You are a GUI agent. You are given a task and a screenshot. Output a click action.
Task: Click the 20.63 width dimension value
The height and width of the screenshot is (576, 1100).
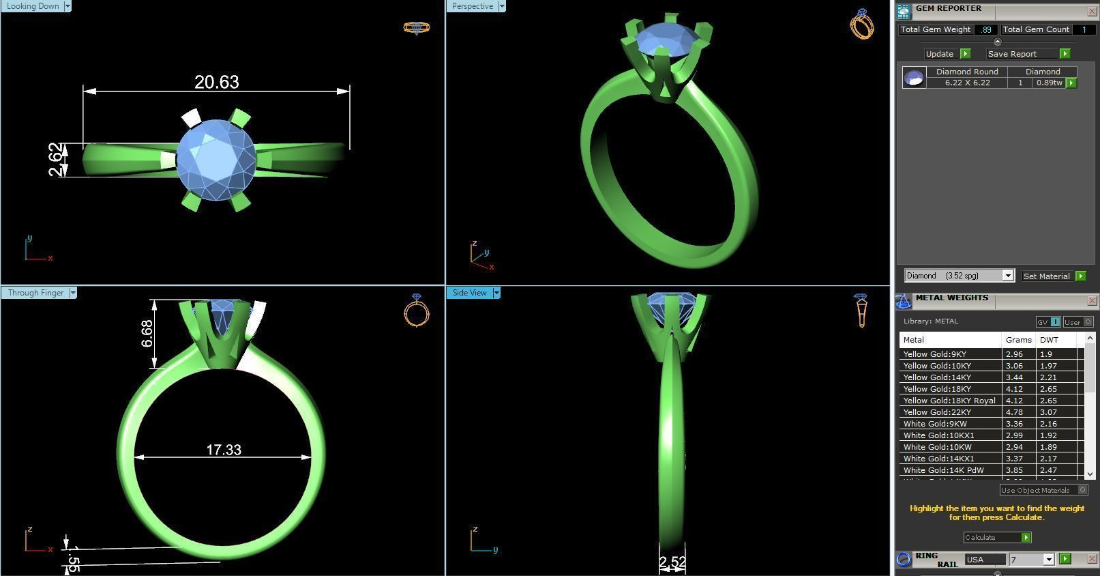point(217,82)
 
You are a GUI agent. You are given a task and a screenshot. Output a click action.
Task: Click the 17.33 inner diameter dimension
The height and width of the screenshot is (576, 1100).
point(224,450)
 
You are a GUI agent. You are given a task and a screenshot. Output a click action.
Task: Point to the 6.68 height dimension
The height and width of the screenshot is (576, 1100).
point(147,334)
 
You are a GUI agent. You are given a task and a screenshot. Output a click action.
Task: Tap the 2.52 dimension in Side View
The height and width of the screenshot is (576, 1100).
point(672,562)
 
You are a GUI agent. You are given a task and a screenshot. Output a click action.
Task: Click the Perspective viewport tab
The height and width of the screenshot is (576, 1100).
point(472,6)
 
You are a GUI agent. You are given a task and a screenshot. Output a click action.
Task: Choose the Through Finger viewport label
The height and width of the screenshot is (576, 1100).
point(35,293)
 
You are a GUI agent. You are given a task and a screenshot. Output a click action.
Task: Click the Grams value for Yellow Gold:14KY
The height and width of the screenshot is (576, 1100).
point(1014,377)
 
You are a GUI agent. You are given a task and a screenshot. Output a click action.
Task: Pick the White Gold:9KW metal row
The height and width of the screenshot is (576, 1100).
point(934,424)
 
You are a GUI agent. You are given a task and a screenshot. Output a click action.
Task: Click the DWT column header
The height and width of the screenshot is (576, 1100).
point(1049,340)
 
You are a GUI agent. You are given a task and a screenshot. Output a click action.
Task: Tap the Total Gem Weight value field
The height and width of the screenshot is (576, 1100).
point(986,30)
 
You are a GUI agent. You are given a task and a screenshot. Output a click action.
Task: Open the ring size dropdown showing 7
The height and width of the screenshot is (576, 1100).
point(1049,560)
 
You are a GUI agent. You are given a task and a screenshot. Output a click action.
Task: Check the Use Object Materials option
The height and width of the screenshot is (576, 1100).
point(1082,490)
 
